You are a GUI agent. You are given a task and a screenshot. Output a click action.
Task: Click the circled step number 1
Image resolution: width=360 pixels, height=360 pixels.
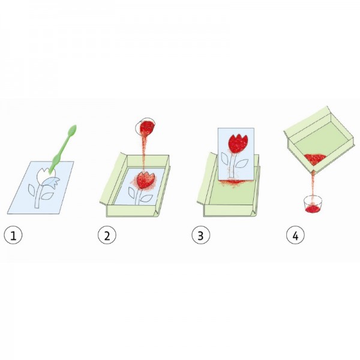tap(13, 235)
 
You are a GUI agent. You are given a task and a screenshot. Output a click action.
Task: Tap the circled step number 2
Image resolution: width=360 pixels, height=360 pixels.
tap(107, 235)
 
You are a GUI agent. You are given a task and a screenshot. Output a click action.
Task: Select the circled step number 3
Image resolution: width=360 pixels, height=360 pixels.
tap(200, 235)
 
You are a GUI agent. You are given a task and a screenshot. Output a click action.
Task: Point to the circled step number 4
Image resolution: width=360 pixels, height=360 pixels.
tap(295, 235)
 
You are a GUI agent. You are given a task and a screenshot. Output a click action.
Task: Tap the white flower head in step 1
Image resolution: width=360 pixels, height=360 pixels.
tap(45, 175)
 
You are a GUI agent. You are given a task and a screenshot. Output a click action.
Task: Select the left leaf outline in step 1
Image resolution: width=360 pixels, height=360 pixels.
tap(31, 190)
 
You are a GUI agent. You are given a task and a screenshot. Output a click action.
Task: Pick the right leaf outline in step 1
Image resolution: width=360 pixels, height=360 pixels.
tap(47, 196)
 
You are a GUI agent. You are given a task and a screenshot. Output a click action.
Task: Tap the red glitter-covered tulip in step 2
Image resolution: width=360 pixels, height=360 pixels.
tap(145, 180)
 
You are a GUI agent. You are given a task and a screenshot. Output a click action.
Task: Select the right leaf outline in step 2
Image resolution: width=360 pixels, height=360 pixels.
tap(146, 199)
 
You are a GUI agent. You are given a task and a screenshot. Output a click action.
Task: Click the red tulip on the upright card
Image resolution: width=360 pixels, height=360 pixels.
tap(238, 143)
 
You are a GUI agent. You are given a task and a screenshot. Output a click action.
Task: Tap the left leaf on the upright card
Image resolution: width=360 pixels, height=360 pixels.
tap(225, 158)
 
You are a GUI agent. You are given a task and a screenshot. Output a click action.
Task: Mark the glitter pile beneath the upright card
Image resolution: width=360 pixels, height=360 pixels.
tap(233, 182)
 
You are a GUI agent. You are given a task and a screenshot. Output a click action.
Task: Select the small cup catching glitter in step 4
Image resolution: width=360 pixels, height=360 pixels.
tap(313, 205)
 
